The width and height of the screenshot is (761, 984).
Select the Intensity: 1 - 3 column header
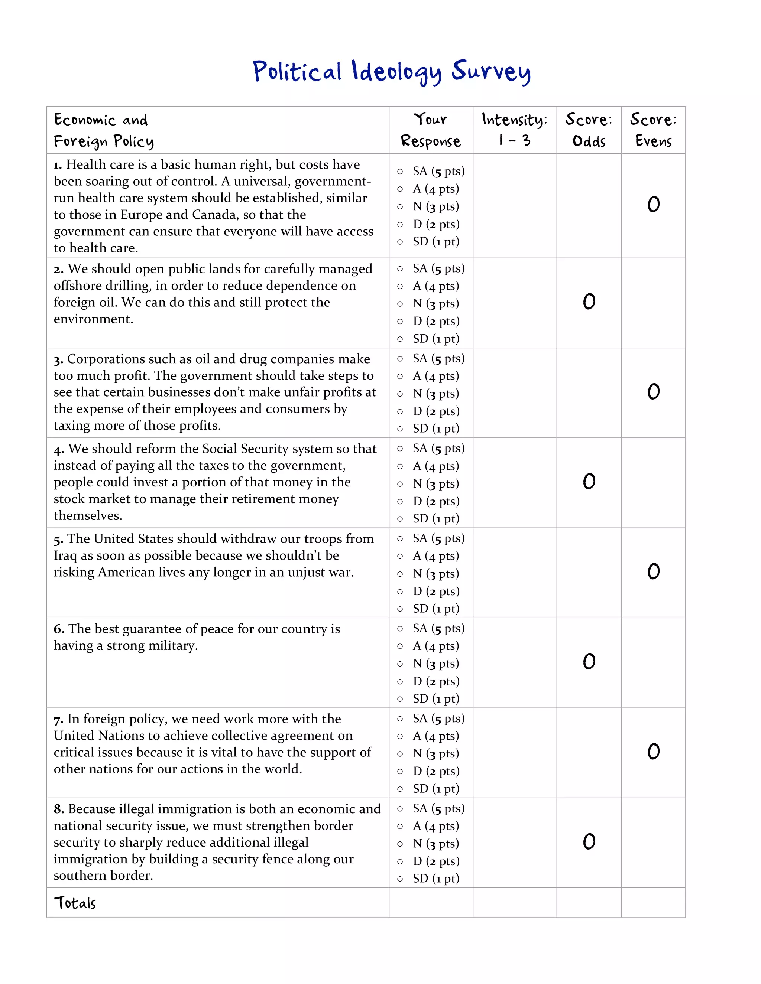pyautogui.click(x=514, y=130)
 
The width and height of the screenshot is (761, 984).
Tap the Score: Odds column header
pyautogui.click(x=589, y=130)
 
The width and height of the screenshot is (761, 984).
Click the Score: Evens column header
pyautogui.click(x=653, y=130)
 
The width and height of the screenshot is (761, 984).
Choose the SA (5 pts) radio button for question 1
pyautogui.click(x=400, y=172)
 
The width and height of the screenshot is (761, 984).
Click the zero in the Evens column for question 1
pyautogui.click(x=653, y=205)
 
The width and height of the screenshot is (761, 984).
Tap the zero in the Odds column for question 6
pyautogui.click(x=589, y=662)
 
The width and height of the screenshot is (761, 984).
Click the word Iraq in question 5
pyautogui.click(x=65, y=556)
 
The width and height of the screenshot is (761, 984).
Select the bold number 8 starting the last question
pyautogui.click(x=59, y=809)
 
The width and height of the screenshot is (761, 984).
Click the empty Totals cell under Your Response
pyautogui.click(x=431, y=903)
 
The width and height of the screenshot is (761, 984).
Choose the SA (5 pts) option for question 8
pyautogui.click(x=400, y=809)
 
